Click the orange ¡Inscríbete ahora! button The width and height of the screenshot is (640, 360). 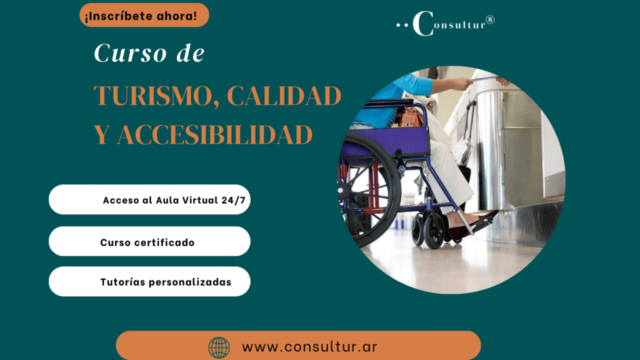click(144, 16)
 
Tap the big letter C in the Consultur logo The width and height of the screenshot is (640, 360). click(423, 23)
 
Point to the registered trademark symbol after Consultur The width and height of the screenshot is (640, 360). click(490, 19)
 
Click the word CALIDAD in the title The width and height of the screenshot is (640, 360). click(284, 96)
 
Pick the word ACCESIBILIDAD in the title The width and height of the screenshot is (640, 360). click(215, 135)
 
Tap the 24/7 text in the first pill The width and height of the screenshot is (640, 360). click(234, 200)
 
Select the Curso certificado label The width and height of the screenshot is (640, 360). click(147, 242)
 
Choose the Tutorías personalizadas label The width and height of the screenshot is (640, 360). click(166, 282)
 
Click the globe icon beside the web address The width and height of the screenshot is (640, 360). click(219, 347)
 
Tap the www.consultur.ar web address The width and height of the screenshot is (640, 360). click(309, 347)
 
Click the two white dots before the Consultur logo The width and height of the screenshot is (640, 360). click(402, 25)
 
